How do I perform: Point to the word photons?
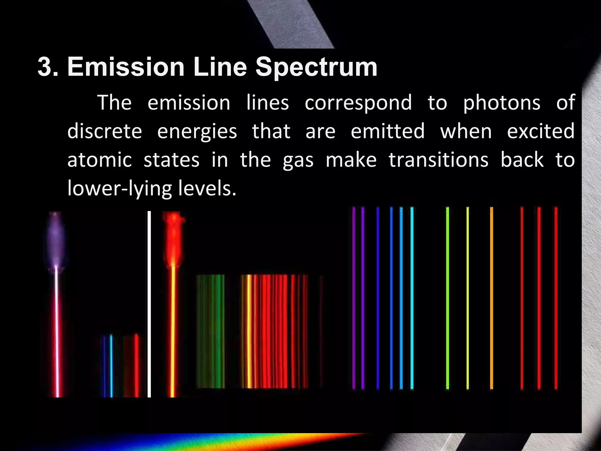tap(502, 103)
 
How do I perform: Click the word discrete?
tap(105, 131)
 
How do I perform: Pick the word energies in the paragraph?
tap(197, 132)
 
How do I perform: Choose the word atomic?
tap(99, 160)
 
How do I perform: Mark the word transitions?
tap(438, 160)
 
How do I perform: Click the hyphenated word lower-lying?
tap(119, 189)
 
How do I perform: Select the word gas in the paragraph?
tap(298, 161)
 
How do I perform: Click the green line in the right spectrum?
tap(448, 298)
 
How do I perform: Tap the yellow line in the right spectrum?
tap(468, 298)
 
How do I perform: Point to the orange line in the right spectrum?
tap(492, 298)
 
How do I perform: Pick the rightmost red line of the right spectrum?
tap(556, 298)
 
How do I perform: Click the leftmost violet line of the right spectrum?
tap(354, 298)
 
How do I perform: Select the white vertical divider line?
tap(149, 304)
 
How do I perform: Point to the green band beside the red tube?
tap(210, 331)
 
